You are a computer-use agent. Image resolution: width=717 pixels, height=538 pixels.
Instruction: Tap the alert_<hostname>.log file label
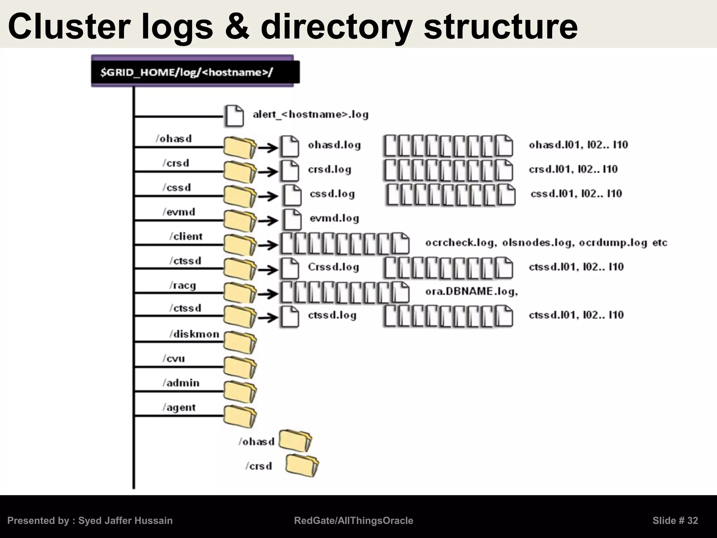coord(311,115)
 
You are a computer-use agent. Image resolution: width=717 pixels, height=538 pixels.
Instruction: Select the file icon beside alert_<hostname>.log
coord(234,115)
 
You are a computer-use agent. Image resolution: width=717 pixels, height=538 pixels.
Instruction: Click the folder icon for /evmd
coord(240,221)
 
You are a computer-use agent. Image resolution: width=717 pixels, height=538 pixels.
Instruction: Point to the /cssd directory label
coord(176,187)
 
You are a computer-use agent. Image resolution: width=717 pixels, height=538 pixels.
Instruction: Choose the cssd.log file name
coord(332,194)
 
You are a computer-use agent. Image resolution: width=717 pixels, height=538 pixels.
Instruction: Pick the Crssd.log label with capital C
coord(333,267)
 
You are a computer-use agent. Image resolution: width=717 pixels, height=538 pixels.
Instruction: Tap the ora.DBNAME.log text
coord(471,291)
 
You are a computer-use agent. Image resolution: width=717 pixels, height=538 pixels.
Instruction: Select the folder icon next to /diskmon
coord(240,342)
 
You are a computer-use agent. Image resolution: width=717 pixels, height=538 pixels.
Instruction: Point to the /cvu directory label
coord(174,359)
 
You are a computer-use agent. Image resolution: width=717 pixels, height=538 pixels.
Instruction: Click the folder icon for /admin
coord(240,391)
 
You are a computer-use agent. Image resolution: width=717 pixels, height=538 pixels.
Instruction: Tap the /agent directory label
coord(179,407)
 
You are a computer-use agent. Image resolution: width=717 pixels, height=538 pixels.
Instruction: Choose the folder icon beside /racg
coord(240,293)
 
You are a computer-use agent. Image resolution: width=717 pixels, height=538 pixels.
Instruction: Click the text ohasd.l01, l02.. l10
coord(578,145)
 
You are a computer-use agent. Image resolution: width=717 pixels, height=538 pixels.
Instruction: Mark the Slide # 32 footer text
coord(675,520)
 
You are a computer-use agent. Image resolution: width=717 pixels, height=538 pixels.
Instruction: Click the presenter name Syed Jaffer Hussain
coord(125,520)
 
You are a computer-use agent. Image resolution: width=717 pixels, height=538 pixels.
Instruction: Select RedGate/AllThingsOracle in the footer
coord(354,520)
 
